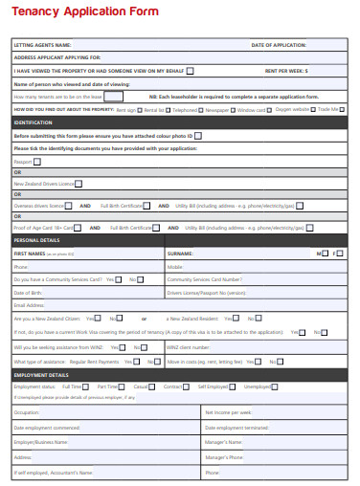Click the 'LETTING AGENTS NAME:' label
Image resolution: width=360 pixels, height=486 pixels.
click(43, 45)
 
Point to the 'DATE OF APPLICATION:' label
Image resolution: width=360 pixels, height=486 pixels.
click(279, 45)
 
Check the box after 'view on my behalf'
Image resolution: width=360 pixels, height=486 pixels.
click(191, 71)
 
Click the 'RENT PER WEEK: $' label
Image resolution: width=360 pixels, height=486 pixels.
click(285, 71)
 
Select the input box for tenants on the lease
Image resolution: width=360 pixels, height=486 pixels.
click(113, 97)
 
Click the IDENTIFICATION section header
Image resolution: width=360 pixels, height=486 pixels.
click(34, 122)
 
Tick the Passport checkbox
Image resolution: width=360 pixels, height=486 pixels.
click(37, 162)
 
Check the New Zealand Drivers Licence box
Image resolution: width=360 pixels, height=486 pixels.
click(79, 183)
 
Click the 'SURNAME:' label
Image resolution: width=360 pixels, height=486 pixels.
click(181, 254)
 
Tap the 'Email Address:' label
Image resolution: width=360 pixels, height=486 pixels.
click(31, 305)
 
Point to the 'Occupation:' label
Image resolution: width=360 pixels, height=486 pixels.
click(28, 411)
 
